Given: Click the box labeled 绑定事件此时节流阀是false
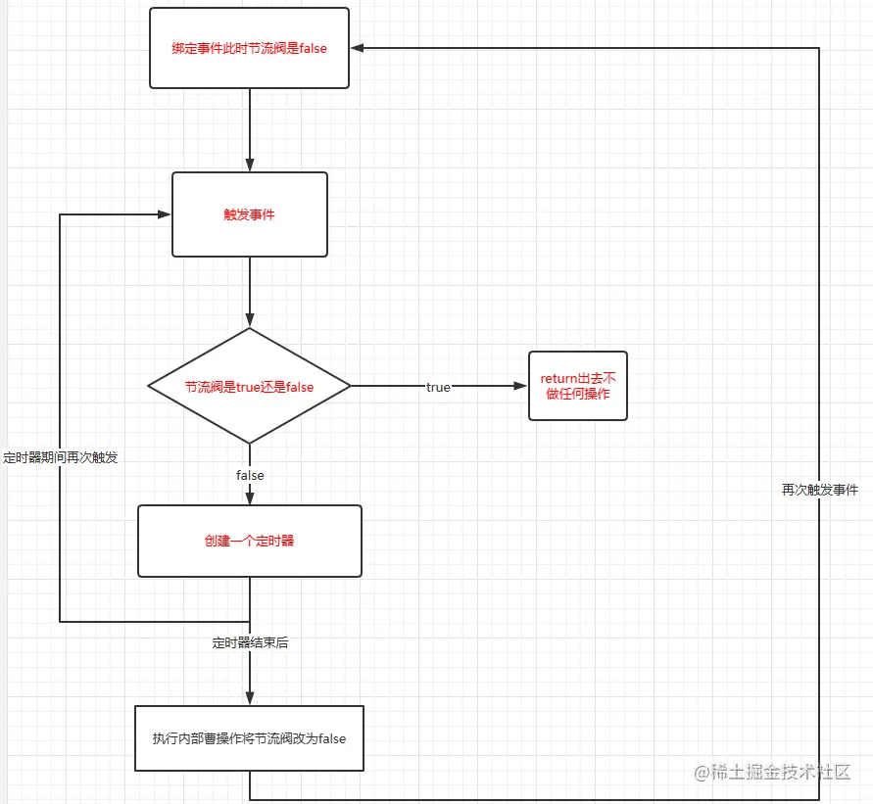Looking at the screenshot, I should coord(249,48).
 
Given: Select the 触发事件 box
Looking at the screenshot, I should coord(249,214).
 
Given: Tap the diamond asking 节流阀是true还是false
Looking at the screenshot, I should coord(249,387).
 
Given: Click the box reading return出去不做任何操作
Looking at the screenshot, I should coord(577,386).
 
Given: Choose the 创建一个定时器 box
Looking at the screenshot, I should coord(249,541).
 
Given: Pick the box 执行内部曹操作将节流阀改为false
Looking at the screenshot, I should coord(249,738).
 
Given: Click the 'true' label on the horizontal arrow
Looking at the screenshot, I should coord(438,387).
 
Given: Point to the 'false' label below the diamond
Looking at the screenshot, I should coord(250,475).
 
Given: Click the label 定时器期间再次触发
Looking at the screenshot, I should coord(61,457).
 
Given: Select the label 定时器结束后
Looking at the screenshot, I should coord(250,643).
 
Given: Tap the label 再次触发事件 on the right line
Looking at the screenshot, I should coord(819,490).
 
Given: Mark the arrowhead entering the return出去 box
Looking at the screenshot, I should coord(521,387).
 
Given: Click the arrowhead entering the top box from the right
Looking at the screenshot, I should coord(359,48).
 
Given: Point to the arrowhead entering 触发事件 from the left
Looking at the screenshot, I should coord(165,214).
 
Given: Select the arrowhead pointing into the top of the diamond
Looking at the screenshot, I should coord(250,320).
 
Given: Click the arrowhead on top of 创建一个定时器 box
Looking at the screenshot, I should coord(250,498).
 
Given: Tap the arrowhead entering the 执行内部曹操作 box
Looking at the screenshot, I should coord(250,698).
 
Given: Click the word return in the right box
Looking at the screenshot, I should coord(558,378).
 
